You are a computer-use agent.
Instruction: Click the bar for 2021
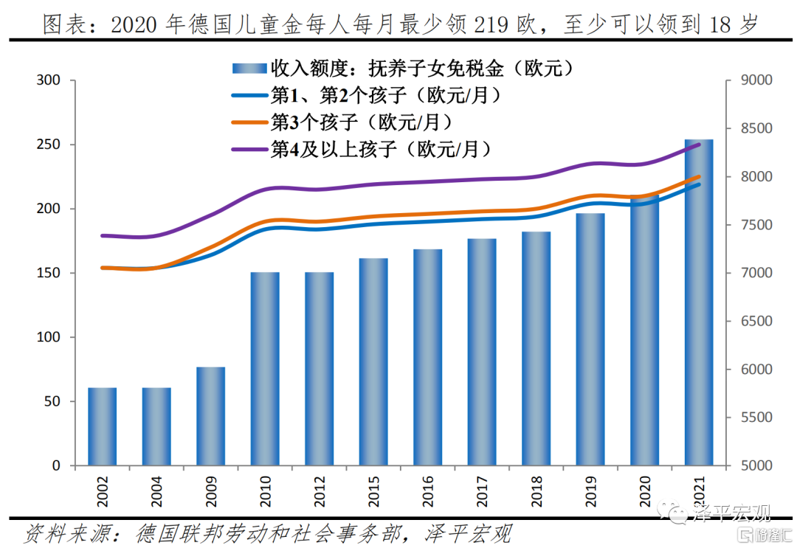point(699,302)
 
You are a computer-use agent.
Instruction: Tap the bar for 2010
point(265,369)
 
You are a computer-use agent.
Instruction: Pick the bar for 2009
point(211,416)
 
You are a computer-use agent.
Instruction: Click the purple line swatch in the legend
point(249,148)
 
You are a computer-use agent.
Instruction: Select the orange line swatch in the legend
point(249,121)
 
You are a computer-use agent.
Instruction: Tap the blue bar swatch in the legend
point(249,69)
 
